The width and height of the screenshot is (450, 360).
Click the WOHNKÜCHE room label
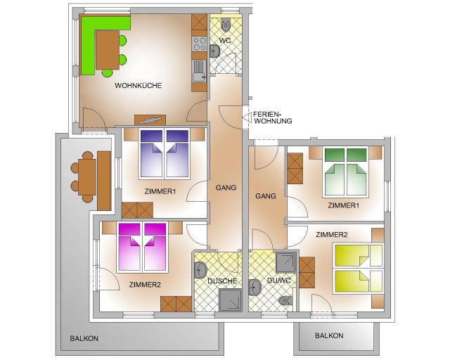(139, 86)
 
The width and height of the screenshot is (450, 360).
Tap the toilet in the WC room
(226, 25)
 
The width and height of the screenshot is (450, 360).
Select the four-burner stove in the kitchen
(199, 44)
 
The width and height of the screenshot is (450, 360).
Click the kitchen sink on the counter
(199, 71)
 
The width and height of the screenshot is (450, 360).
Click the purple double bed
(165, 154)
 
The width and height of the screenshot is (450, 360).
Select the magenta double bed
(142, 247)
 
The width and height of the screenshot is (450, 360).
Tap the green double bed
(345, 172)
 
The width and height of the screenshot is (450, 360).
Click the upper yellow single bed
(358, 255)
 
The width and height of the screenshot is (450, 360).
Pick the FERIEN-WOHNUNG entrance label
(273, 117)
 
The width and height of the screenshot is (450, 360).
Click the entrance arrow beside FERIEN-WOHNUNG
(247, 117)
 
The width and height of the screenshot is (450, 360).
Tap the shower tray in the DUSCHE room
(230, 300)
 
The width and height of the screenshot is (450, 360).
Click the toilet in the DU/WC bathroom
(285, 300)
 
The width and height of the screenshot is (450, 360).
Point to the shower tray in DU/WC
(285, 263)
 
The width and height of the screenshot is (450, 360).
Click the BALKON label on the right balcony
(329, 335)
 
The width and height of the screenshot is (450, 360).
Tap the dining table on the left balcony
(87, 177)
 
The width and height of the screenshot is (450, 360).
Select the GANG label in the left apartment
(226, 188)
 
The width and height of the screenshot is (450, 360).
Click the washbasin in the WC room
(214, 51)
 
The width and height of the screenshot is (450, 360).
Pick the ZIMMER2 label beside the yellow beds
(332, 235)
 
